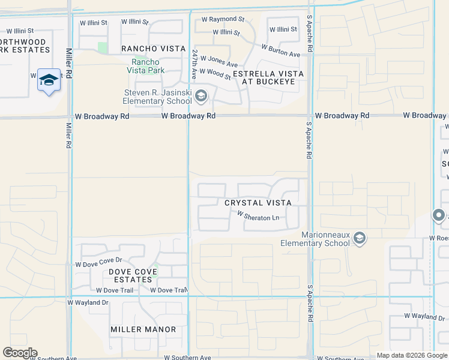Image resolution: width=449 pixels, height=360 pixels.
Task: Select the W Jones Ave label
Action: (219, 61)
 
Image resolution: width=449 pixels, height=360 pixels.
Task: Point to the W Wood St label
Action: (215, 74)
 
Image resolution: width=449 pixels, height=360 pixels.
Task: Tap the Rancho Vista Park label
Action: (146, 66)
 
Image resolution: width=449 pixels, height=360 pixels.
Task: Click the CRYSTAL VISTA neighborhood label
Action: (258, 203)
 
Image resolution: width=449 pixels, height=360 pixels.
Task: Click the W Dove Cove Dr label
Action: (98, 262)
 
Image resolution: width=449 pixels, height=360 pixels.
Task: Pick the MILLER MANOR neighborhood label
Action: (143, 329)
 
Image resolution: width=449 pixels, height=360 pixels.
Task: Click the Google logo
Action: (20, 353)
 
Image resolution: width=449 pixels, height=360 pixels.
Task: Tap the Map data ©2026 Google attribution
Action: (412, 355)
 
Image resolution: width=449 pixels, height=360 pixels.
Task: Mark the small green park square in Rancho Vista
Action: (102, 47)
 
